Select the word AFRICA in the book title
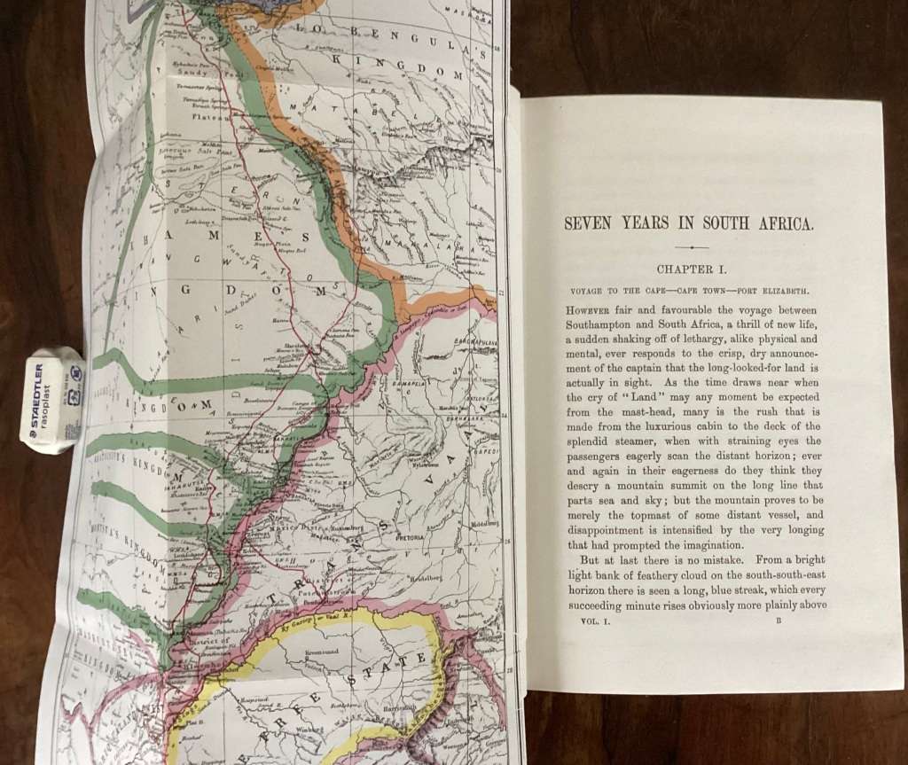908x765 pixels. [x=780, y=223]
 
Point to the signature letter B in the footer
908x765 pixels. [x=776, y=622]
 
